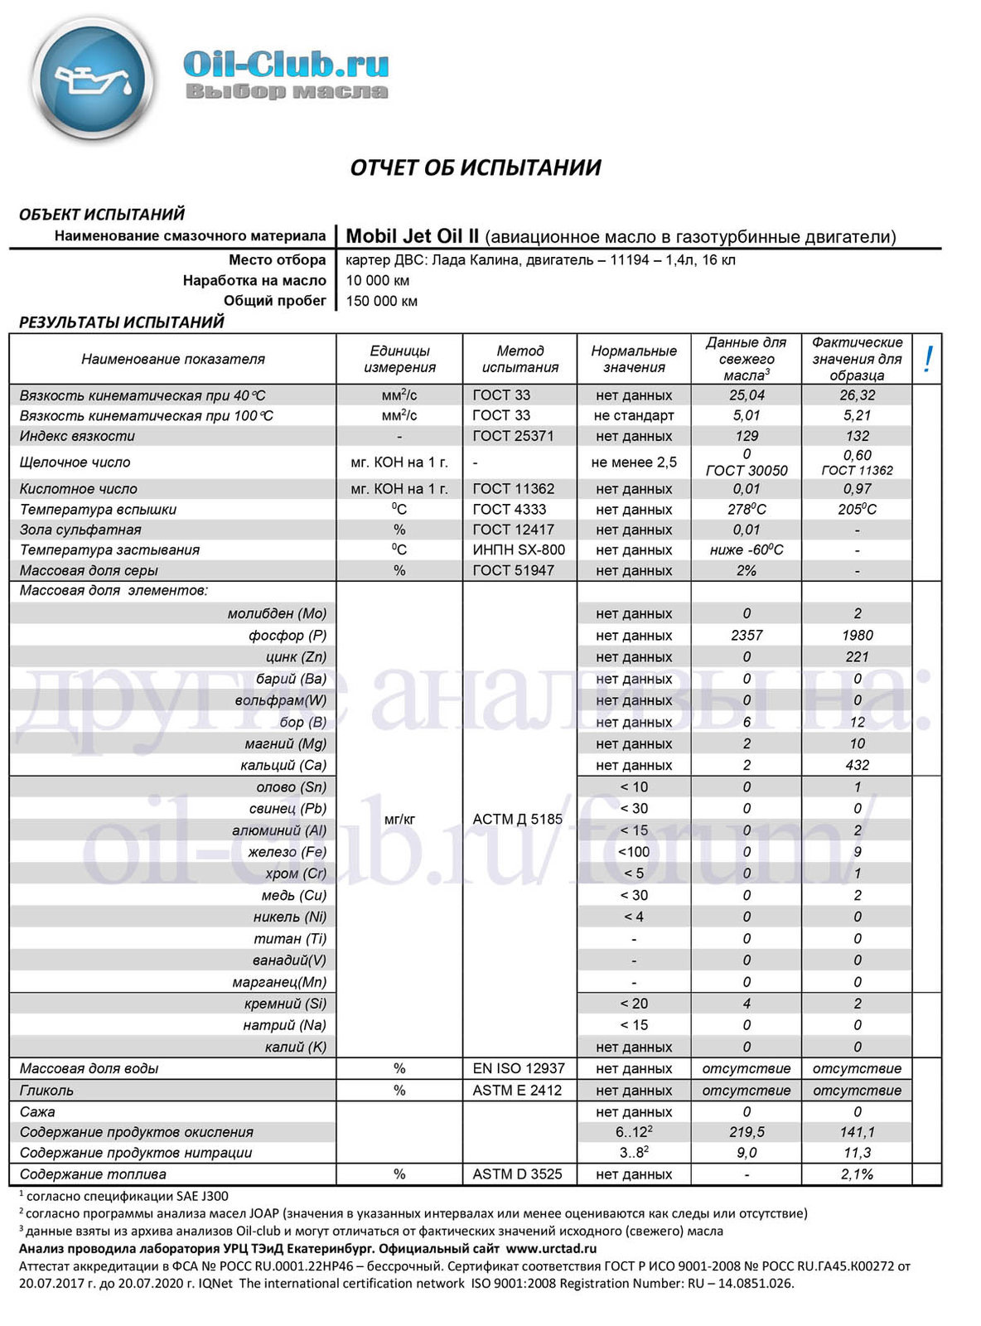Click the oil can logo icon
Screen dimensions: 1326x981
click(92, 79)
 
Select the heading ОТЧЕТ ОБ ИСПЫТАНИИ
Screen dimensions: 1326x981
click(476, 167)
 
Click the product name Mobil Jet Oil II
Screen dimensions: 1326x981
click(413, 236)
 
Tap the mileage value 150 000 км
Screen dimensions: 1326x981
click(382, 301)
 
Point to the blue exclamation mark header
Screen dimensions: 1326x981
click(928, 359)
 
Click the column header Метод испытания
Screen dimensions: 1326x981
click(520, 359)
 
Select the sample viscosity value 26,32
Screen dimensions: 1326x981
click(857, 395)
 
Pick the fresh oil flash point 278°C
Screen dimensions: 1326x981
click(747, 509)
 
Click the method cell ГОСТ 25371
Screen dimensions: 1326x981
click(513, 436)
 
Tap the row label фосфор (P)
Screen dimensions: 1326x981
click(288, 635)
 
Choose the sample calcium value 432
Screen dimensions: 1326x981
click(857, 765)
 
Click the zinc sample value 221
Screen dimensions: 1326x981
click(857, 656)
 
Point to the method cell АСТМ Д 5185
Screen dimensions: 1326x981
click(517, 819)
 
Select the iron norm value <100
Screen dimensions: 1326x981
click(634, 851)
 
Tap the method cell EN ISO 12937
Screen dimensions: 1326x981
click(519, 1068)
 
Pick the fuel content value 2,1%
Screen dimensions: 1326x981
click(857, 1174)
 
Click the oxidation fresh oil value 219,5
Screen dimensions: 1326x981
click(747, 1132)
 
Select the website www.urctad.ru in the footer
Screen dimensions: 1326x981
click(551, 1248)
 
